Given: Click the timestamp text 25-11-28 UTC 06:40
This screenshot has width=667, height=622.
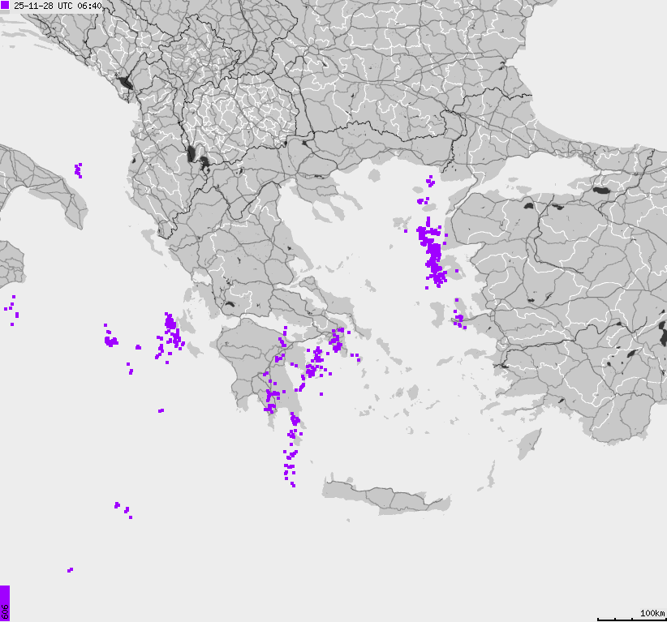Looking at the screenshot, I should coord(58,6).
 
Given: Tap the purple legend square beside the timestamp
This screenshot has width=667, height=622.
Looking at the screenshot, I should coord(6,6).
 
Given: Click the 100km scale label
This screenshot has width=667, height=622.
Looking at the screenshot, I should coord(652,612).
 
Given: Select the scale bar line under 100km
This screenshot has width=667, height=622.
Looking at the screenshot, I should coord(630,620).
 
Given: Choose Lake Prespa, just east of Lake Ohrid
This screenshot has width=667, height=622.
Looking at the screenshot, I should coord(205,161).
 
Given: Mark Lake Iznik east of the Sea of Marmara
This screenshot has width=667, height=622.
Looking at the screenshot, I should coord(601,191).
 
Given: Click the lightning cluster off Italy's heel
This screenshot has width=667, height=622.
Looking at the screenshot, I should coord(79,169).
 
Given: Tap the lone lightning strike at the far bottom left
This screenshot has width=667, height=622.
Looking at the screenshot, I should coord(70,570).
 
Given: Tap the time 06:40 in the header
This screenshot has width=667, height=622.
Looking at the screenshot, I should coord(89,6).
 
